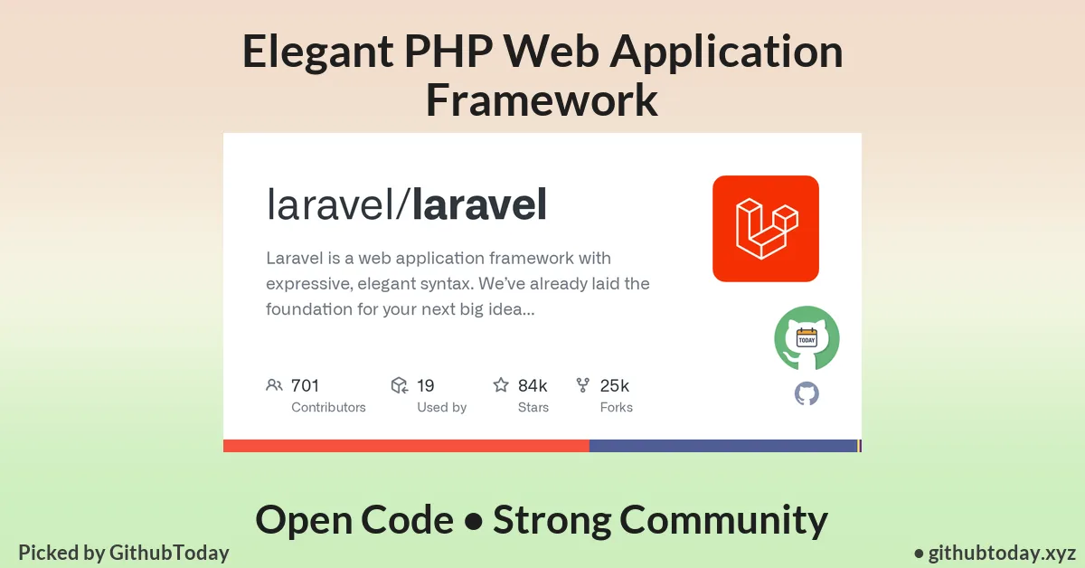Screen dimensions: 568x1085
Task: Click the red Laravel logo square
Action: [765, 228]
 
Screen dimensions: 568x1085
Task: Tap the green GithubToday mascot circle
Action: [807, 338]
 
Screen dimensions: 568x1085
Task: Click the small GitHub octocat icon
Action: [807, 393]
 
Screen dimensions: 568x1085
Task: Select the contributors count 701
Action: [305, 386]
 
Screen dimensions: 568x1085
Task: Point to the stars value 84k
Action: [533, 386]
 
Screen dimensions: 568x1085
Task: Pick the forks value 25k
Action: [615, 386]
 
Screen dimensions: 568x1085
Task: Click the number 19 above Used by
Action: [426, 386]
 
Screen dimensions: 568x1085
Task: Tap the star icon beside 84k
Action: [501, 385]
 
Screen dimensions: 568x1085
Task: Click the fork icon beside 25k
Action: [583, 385]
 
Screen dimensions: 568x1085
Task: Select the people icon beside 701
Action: [274, 385]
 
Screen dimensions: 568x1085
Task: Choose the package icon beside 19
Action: [399, 385]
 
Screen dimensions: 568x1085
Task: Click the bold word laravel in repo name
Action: [479, 205]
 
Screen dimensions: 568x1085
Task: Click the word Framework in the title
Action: [542, 99]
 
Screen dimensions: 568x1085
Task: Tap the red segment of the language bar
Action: [406, 446]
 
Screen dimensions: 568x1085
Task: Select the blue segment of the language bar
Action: [722, 446]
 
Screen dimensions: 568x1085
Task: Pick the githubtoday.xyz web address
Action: [1001, 553]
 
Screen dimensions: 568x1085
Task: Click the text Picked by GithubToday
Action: [124, 553]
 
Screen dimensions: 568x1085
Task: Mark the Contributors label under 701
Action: [328, 408]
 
